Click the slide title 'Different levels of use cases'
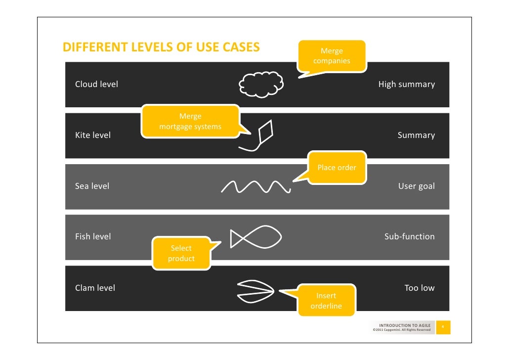coord(161,47)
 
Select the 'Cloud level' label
coord(96,84)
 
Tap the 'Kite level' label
coord(93,135)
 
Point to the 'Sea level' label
coord(92,186)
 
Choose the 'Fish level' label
coord(93,236)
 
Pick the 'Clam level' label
coord(95,288)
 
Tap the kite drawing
coord(260,135)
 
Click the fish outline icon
coord(255,237)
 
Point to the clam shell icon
coord(254,292)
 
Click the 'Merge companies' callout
coord(332,56)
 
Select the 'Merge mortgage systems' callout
coord(190,122)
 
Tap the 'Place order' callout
coord(337,168)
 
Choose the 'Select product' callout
coord(181,254)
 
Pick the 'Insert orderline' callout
coord(326,301)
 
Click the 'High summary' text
coord(406,84)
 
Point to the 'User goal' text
coord(416,186)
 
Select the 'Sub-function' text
coord(409,236)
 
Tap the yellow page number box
coord(443,327)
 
